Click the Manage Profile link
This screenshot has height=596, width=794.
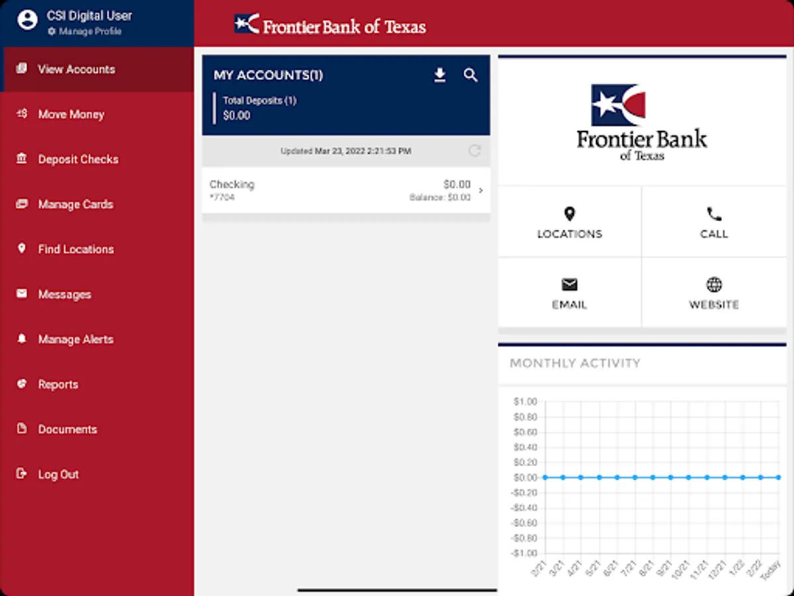tap(89, 31)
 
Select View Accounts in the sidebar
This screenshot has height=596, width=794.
tap(76, 69)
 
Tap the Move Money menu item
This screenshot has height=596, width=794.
tap(71, 114)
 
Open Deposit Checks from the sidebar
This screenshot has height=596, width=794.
tap(78, 159)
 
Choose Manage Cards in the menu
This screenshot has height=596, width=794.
tap(75, 204)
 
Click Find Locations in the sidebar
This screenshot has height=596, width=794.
tap(75, 249)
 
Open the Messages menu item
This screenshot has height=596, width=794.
tap(64, 294)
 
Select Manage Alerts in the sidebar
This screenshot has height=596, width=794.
tap(75, 339)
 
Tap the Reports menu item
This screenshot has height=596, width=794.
tap(58, 384)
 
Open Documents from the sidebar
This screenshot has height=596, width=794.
tap(67, 429)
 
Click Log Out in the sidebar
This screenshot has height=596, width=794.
tap(58, 474)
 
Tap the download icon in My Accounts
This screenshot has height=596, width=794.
tap(440, 75)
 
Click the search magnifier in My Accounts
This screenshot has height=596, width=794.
tap(470, 75)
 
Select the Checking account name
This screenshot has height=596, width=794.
tap(232, 185)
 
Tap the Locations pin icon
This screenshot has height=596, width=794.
tap(569, 214)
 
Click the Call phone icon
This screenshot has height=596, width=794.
tap(714, 214)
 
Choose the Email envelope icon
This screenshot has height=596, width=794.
tap(569, 285)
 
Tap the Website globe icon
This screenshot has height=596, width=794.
tap(714, 285)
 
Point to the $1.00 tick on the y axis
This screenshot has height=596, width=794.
tap(525, 401)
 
